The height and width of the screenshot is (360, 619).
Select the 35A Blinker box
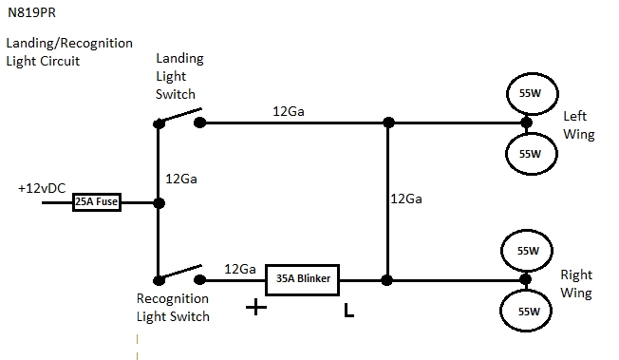point(303,280)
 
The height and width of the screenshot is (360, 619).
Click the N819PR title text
point(29,14)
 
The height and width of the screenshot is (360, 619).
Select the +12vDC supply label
point(41,188)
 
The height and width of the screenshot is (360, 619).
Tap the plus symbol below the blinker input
point(254,307)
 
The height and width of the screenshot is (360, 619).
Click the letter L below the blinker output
point(348,310)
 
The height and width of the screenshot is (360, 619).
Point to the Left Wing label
point(578,125)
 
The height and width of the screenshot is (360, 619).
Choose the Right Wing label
point(577,283)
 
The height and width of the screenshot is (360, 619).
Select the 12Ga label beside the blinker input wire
point(239,270)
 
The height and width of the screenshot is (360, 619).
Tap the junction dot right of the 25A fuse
point(159,203)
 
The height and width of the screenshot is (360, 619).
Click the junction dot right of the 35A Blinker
point(387,280)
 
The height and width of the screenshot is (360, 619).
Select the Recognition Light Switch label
point(173,307)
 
